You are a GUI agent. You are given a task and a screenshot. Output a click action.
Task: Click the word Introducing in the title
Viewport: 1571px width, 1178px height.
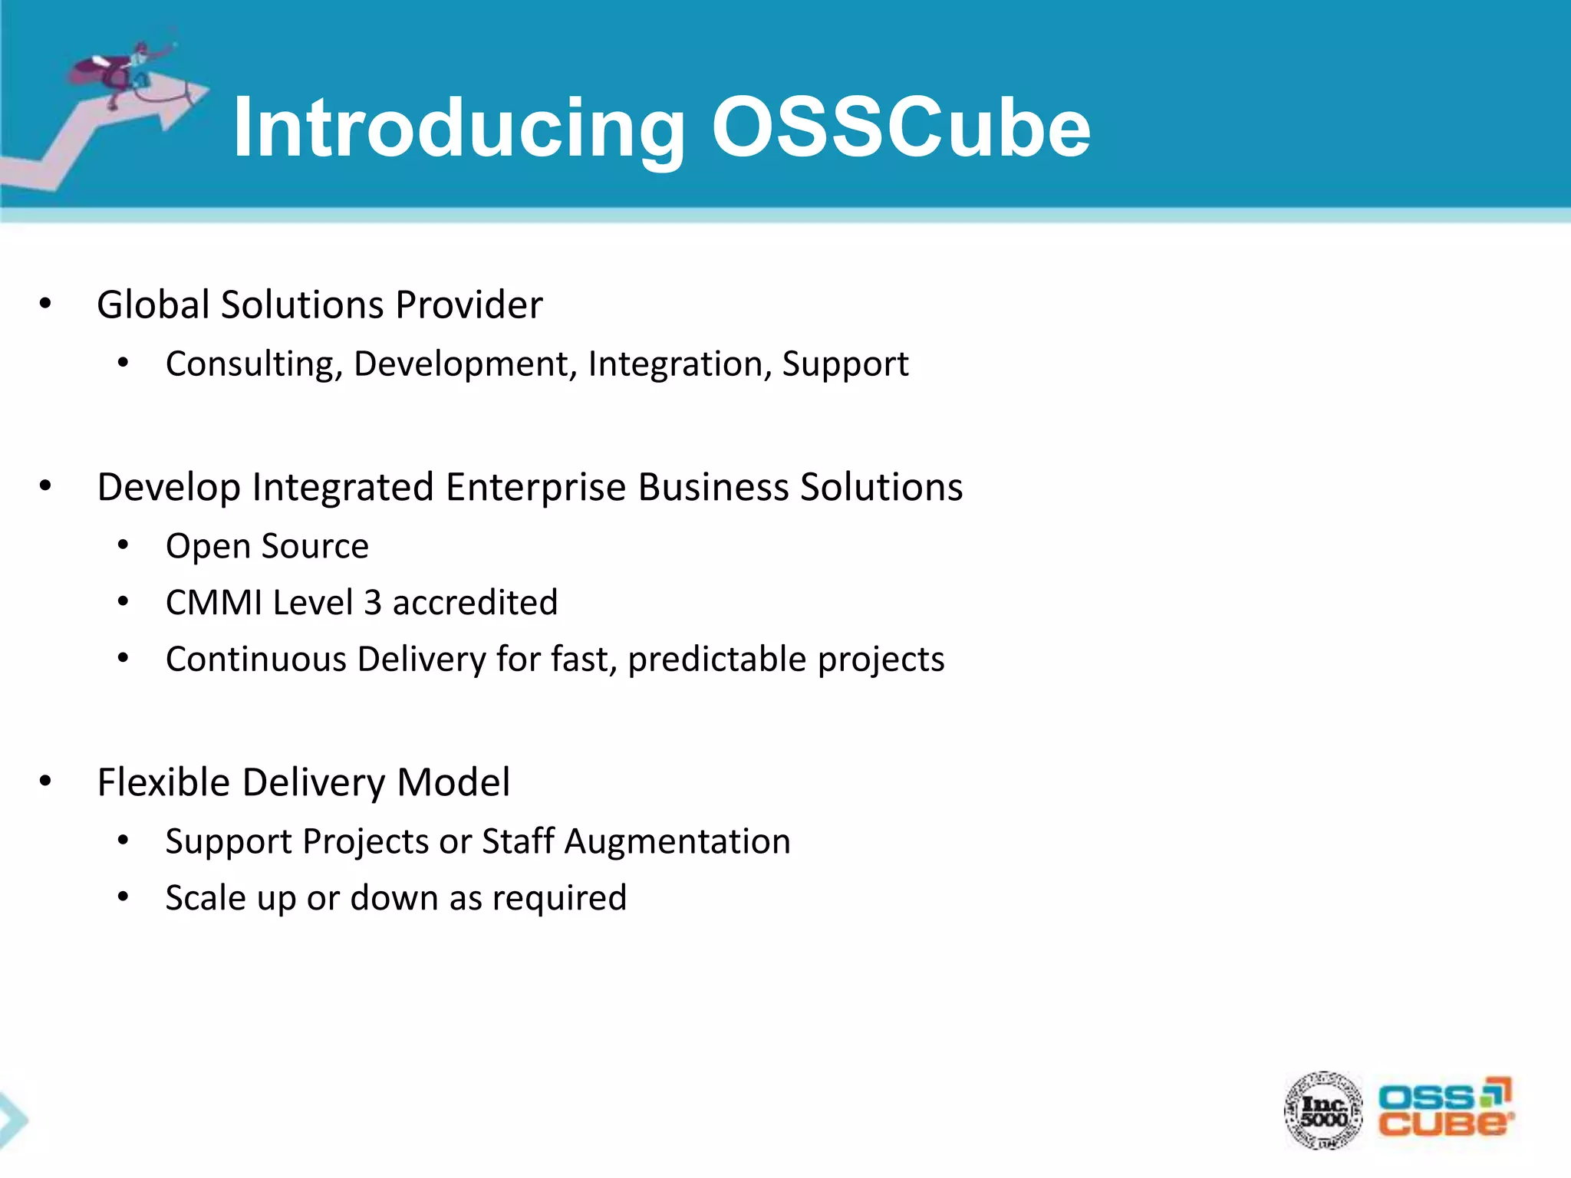coord(458,129)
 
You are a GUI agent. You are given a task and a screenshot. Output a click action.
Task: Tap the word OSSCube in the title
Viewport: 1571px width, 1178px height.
coord(901,127)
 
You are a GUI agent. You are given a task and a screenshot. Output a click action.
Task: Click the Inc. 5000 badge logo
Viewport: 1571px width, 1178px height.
coord(1324,1111)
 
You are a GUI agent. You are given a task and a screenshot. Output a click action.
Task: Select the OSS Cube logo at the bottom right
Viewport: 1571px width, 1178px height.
coord(1444,1109)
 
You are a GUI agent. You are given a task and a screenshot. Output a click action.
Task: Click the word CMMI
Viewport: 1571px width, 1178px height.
coord(214,603)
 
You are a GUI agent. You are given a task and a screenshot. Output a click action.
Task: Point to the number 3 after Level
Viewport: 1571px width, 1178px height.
coord(373,603)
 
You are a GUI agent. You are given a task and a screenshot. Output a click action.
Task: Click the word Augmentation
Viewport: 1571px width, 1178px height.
coord(677,841)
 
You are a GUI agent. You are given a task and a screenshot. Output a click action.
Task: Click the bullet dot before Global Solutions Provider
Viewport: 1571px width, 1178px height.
coord(45,304)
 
